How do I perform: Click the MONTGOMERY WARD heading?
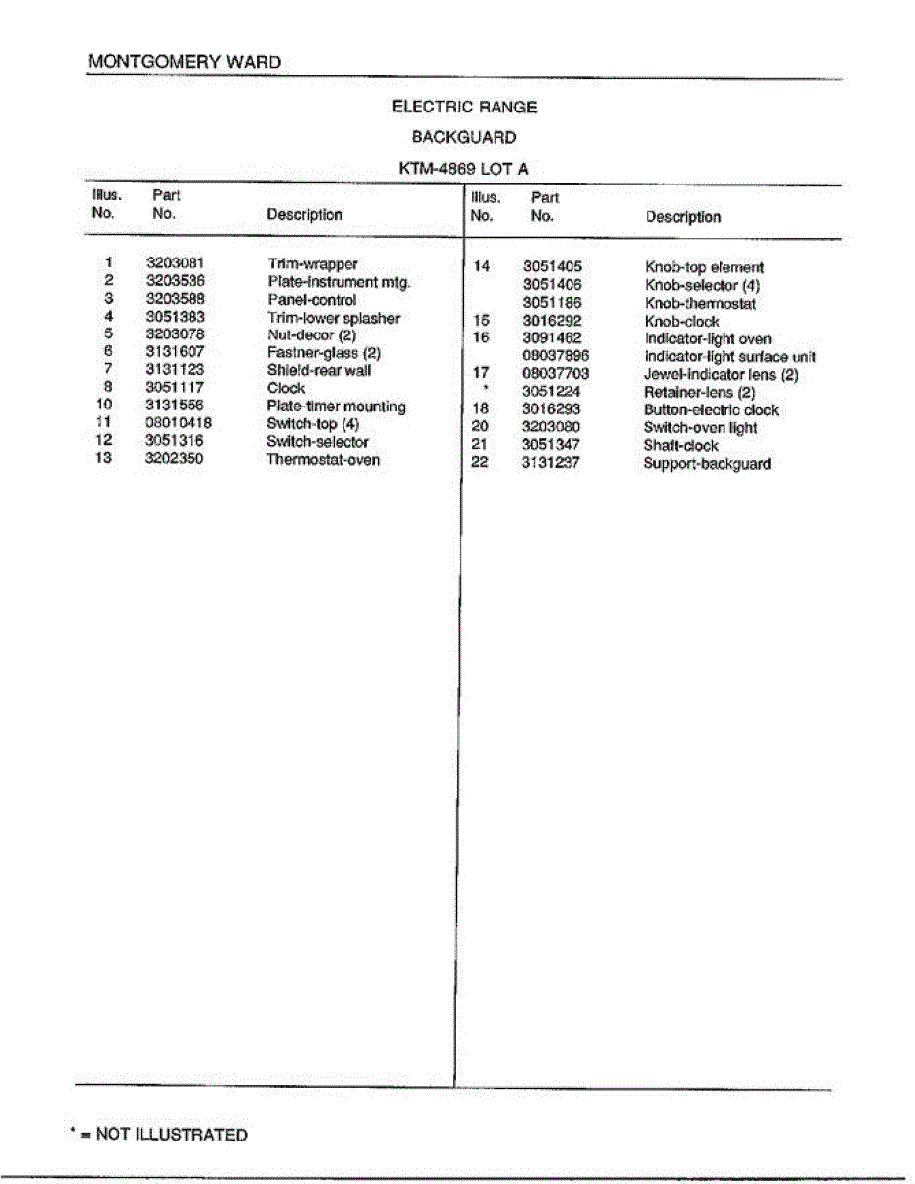185,61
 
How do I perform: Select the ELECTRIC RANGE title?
464,107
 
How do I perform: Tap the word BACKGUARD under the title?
464,137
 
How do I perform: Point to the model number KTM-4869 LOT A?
464,169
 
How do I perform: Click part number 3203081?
175,263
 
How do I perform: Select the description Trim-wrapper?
312,264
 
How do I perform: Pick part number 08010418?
179,423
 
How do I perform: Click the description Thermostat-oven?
323,460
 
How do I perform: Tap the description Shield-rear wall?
319,371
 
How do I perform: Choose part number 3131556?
175,406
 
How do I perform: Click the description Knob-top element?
704,267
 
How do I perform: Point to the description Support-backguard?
707,463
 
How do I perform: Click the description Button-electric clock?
711,409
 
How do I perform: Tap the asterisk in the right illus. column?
486,390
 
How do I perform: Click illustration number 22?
481,462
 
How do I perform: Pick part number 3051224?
552,392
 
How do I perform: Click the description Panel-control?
311,300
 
